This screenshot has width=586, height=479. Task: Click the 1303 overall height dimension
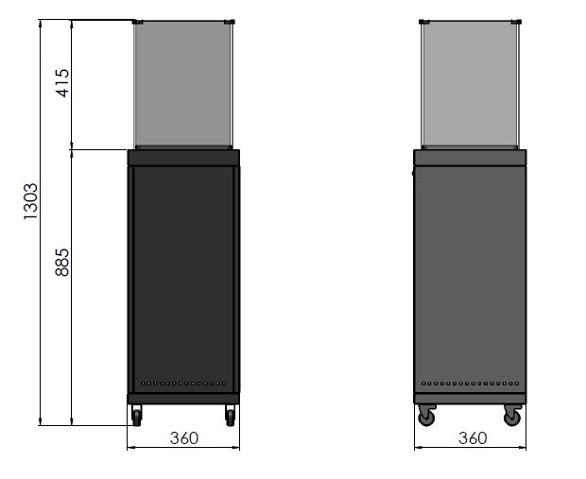pyautogui.click(x=31, y=201)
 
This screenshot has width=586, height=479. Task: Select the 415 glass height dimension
pyautogui.click(x=62, y=83)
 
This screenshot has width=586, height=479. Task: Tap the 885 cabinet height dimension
pyautogui.click(x=62, y=263)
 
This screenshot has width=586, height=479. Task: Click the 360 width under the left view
pyautogui.click(x=184, y=437)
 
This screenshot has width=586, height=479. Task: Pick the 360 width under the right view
pyautogui.click(x=473, y=437)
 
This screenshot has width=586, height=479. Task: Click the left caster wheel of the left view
pyautogui.click(x=137, y=416)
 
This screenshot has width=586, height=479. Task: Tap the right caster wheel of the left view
pyautogui.click(x=231, y=416)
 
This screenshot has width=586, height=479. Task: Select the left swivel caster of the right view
pyautogui.click(x=426, y=415)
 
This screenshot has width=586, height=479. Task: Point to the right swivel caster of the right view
pyautogui.click(x=512, y=415)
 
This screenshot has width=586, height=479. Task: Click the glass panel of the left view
pyautogui.click(x=183, y=84)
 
